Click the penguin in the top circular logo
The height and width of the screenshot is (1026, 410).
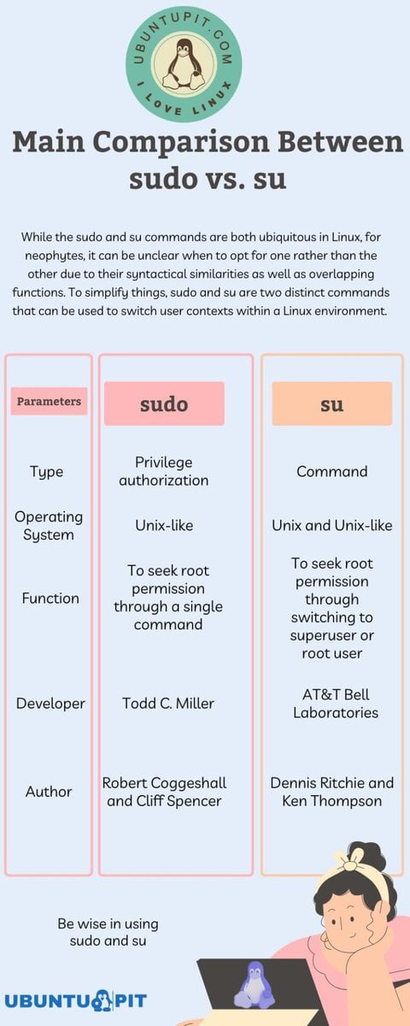(184, 64)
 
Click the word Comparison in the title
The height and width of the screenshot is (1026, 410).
(181, 143)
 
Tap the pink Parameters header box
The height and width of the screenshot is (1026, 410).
(49, 401)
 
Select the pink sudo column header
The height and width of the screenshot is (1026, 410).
(164, 404)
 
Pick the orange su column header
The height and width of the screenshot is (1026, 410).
(332, 404)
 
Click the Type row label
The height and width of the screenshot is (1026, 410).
(47, 472)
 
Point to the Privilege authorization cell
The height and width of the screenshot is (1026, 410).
(164, 471)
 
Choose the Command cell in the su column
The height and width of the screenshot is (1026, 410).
(332, 471)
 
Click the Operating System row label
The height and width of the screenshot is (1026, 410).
(49, 526)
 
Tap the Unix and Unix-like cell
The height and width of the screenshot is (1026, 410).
(332, 525)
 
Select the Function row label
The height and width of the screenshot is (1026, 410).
(50, 598)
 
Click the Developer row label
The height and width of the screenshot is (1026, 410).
(50, 704)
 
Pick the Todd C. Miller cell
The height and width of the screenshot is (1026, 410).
(168, 703)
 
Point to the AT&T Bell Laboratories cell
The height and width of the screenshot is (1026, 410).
(336, 704)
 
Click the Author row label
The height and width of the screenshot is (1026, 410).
(49, 792)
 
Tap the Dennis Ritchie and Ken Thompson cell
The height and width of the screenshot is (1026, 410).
(332, 792)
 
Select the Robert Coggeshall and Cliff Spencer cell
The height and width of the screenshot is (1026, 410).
(164, 792)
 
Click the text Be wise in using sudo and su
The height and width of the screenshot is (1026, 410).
(108, 932)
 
